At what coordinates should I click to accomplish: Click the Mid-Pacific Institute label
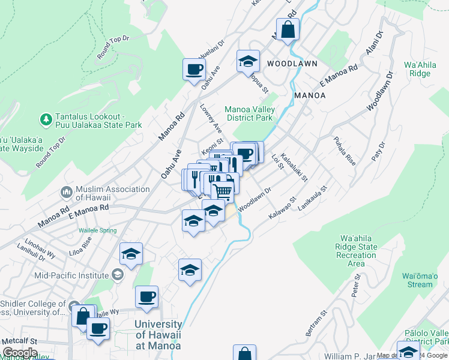[x=72, y=275]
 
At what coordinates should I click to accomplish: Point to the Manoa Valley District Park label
[x=249, y=113]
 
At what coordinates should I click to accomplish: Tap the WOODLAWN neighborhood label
[x=292, y=63]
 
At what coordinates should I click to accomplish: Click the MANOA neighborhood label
[x=310, y=95]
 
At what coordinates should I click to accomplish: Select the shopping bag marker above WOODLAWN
[x=288, y=28]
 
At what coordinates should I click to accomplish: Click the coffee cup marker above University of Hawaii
[x=146, y=296]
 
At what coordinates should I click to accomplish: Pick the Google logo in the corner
[x=20, y=353]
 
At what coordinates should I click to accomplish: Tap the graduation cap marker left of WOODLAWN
[x=247, y=61]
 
